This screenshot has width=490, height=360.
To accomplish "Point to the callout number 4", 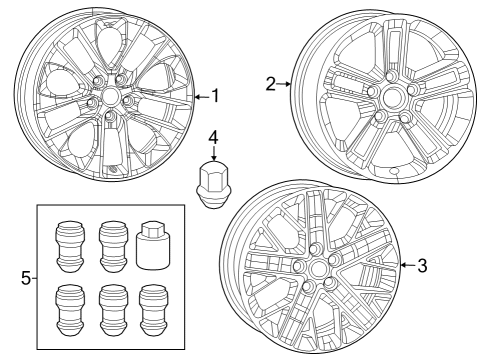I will [x=213, y=136].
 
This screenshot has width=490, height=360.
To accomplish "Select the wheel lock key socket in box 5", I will [x=152, y=244].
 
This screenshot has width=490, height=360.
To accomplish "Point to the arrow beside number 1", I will [x=203, y=96].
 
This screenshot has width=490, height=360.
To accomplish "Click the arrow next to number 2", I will [x=285, y=84].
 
